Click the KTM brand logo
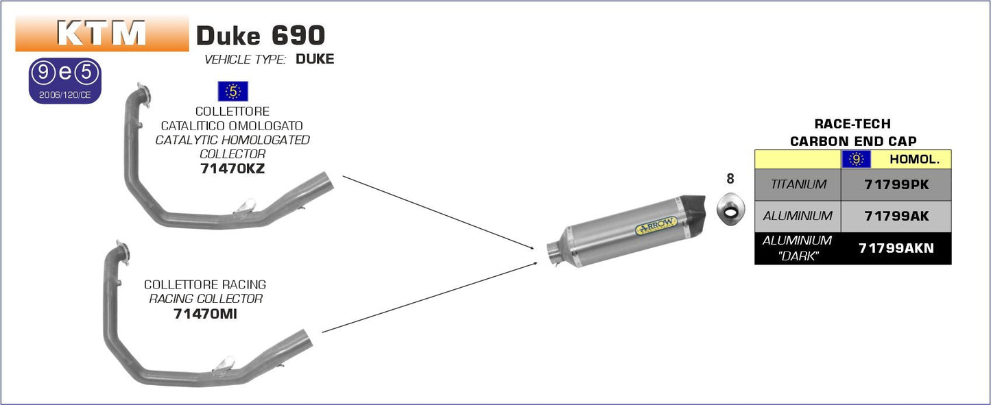[102, 34]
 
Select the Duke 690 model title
[260, 35]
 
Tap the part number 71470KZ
[232, 169]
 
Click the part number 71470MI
[205, 314]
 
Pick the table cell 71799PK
[896, 184]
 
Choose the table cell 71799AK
[896, 216]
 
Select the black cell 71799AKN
[896, 249]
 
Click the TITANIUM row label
[798, 184]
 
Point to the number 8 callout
[730, 179]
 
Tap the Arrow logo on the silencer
[656, 225]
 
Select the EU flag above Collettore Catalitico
[232, 91]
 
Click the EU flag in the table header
[856, 160]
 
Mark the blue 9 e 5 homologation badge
[65, 80]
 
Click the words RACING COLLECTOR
[206, 299]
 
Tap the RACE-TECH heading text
[852, 124]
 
